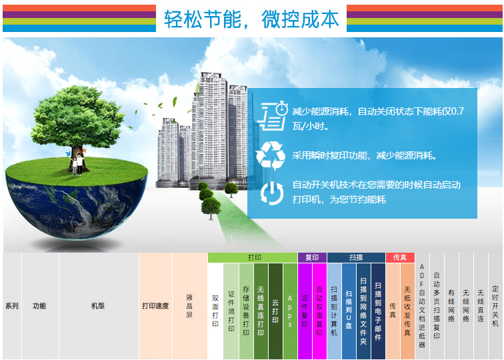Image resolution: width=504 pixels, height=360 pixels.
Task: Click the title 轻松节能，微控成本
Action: [251, 19]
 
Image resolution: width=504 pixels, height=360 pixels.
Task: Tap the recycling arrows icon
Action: [271, 156]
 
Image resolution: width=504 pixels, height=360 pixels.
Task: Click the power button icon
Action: [272, 193]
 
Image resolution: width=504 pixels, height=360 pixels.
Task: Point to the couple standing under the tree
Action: [77, 164]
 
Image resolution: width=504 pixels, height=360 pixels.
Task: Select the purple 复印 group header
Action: [312, 257]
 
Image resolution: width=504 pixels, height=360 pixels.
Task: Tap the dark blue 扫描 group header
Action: [356, 257]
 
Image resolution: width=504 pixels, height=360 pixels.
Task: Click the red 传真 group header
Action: [400, 257]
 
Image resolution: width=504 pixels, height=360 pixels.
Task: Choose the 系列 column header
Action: [12, 306]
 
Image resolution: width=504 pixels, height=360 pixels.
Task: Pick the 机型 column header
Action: [99, 306]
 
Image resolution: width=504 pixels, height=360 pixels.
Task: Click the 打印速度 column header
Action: [155, 306]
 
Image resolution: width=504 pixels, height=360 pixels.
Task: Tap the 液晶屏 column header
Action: [189, 306]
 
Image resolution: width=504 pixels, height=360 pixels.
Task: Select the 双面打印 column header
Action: [215, 311]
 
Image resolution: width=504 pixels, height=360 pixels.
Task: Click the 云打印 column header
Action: [275, 311]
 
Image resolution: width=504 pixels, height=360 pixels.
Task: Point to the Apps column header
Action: [290, 311]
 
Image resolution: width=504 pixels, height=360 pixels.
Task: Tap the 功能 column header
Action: [40, 306]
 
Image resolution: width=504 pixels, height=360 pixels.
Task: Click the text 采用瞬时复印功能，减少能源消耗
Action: [365, 156]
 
